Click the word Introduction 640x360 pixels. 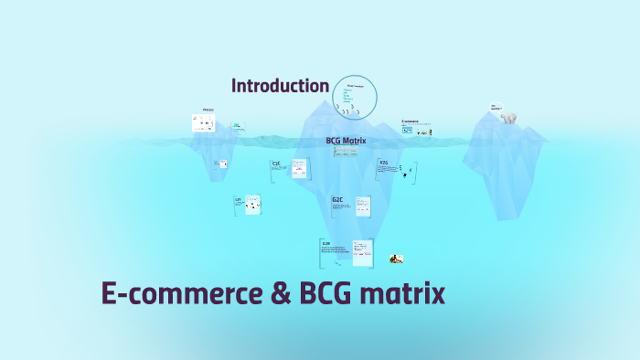[x=280, y=86]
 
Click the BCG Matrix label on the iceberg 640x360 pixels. [x=346, y=141]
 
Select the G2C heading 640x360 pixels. [x=337, y=198]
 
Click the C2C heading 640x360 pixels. [x=276, y=164]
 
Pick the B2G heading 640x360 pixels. [x=384, y=164]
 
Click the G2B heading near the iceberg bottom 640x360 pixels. [x=325, y=243]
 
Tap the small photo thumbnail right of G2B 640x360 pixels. [x=397, y=259]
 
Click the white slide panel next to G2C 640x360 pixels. [x=363, y=207]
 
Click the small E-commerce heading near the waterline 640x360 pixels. [x=410, y=121]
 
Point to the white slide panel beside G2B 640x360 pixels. [x=363, y=251]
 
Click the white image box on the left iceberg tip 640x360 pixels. [x=202, y=123]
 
